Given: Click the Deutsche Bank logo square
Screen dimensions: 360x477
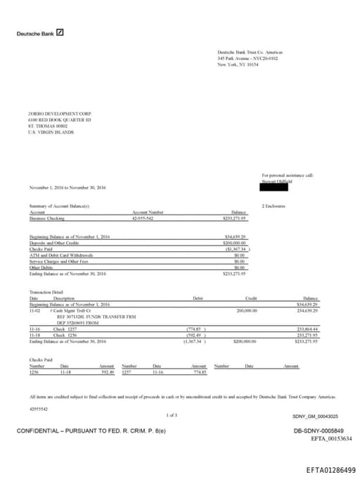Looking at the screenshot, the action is coord(60,32).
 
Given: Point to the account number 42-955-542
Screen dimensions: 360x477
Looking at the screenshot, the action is coord(143,218).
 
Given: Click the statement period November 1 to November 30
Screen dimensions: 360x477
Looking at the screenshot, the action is coord(67,188).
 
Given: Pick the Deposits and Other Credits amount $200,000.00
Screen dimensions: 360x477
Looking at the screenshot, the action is coord(236,242).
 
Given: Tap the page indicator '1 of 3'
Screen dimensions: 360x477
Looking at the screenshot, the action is coord(172,415).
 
